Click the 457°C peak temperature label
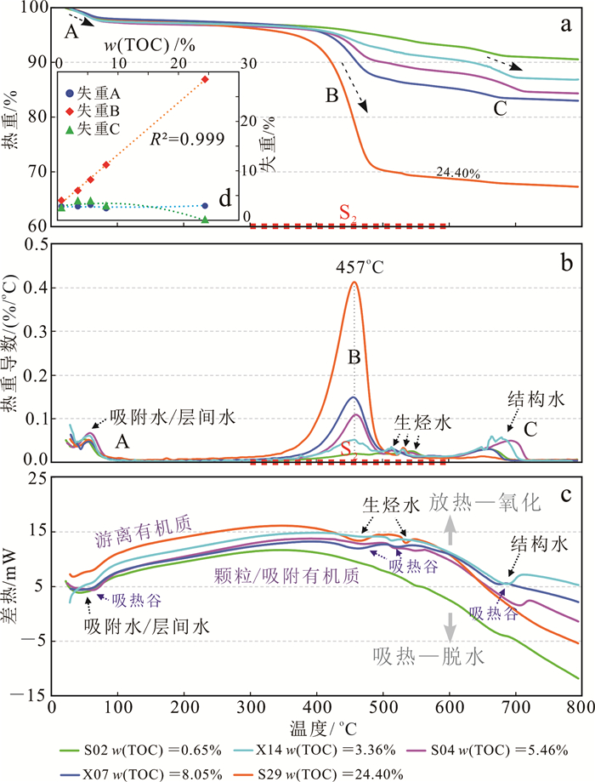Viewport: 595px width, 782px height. coord(355,265)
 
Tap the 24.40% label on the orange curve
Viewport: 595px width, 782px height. coord(459,173)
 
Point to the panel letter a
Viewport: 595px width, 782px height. coord(564,24)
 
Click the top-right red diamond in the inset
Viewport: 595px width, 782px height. coord(205,78)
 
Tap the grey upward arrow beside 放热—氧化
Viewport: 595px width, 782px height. coord(452,530)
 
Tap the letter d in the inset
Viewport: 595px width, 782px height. coord(224,199)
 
